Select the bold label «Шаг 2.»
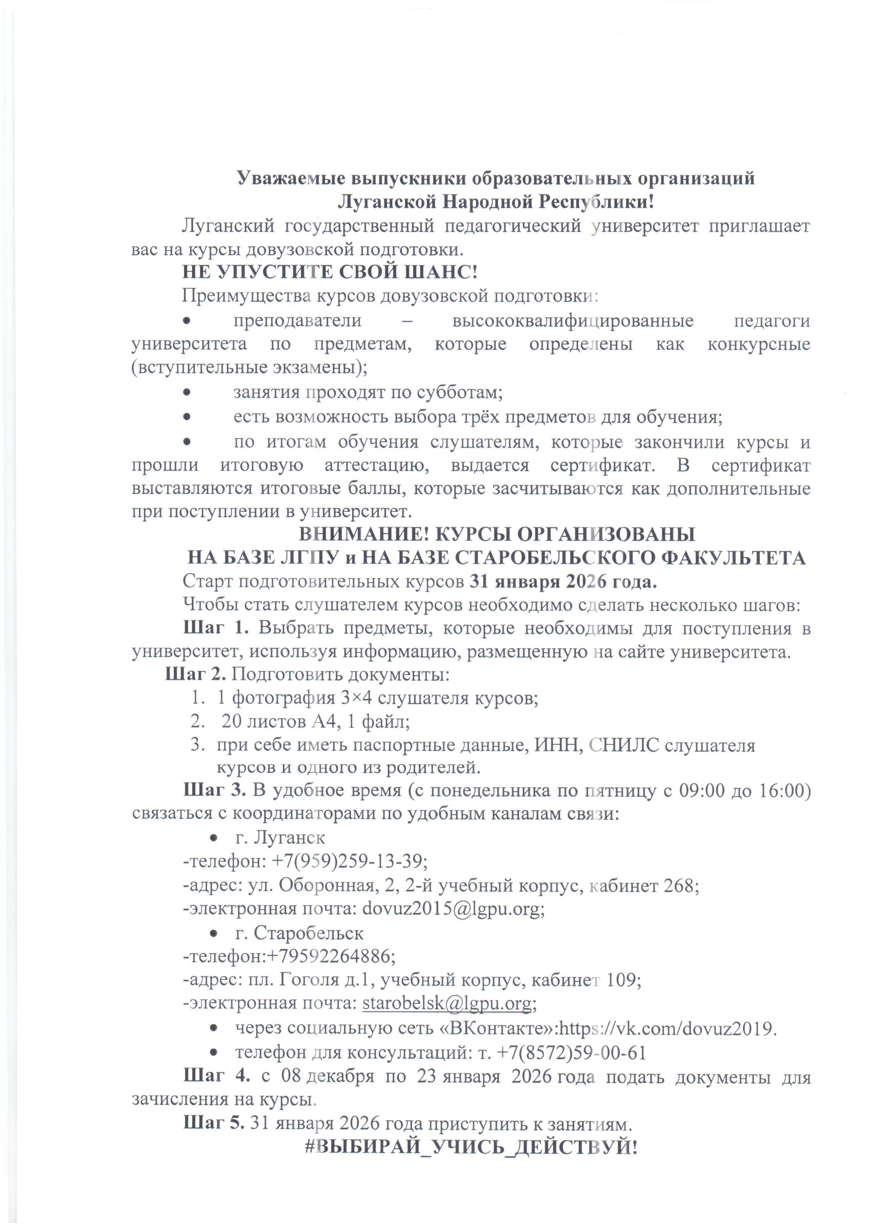(x=198, y=674)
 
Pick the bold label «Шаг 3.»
(x=215, y=791)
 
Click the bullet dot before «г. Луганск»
(x=214, y=838)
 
